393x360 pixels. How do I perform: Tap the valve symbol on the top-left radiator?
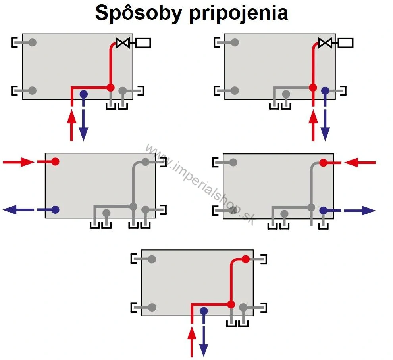(x=123, y=42)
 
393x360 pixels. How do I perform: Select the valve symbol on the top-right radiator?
(x=325, y=42)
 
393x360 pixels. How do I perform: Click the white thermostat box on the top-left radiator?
(x=143, y=42)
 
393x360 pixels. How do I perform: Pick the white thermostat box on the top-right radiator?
(x=345, y=42)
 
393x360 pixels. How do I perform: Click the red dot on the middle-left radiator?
(x=55, y=161)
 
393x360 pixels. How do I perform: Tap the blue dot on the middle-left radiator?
(x=55, y=209)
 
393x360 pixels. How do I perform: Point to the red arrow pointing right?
(x=19, y=162)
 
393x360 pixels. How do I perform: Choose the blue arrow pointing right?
(x=360, y=211)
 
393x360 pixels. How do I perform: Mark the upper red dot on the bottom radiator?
(x=246, y=259)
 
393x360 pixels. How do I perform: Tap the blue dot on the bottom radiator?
(x=204, y=310)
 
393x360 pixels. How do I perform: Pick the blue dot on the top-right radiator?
(x=325, y=91)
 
